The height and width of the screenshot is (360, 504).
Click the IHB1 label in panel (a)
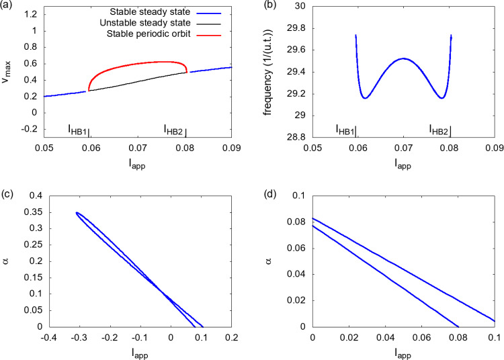tap(78, 130)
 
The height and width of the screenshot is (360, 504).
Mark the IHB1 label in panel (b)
tap(345, 130)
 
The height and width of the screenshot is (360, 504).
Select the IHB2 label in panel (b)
tap(439, 130)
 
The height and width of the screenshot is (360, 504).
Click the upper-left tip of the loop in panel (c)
tap(77, 213)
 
